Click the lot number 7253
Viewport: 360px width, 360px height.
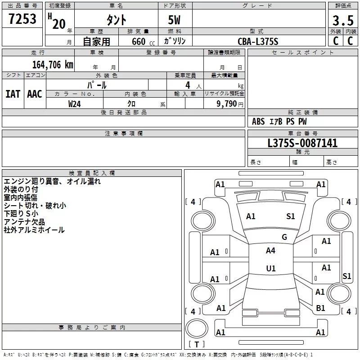click(x=22, y=19)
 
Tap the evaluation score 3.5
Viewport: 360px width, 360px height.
click(x=343, y=20)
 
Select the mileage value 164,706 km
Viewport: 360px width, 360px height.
click(x=53, y=65)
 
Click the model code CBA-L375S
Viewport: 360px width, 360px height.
click(x=258, y=41)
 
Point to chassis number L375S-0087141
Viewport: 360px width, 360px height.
click(x=302, y=143)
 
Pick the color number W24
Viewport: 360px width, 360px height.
click(x=74, y=104)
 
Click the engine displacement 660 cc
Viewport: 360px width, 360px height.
click(x=143, y=41)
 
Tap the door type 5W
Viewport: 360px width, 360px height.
click(x=174, y=20)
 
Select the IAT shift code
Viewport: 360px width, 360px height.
click(x=13, y=94)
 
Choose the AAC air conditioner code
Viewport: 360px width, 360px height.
click(x=35, y=94)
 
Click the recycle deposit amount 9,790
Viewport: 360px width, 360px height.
click(x=226, y=104)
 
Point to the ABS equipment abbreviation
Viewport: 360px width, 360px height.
click(x=258, y=121)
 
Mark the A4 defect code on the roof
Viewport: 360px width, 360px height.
click(x=270, y=251)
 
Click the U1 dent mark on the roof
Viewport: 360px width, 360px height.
click(x=271, y=268)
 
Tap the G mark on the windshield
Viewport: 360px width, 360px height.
click(x=284, y=237)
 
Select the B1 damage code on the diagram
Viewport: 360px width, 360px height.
click(x=320, y=308)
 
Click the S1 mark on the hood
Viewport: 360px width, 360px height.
click(x=290, y=216)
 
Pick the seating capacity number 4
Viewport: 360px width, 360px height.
click(x=188, y=85)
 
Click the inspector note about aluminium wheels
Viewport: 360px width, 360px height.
click(x=34, y=230)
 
